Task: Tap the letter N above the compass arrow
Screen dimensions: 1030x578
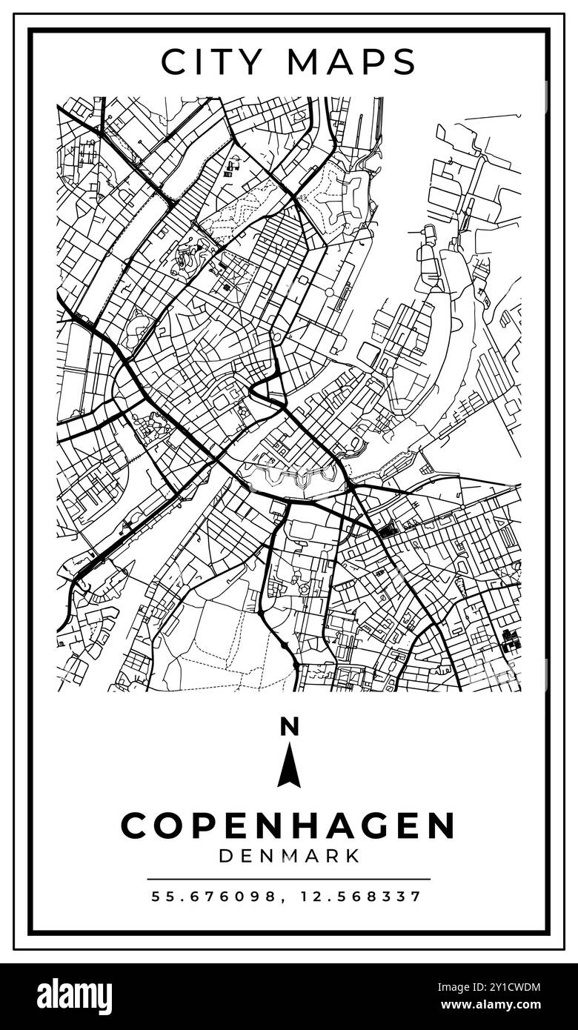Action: tap(289, 727)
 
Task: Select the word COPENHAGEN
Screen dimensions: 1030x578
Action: tap(288, 825)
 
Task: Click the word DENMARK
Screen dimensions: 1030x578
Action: tap(289, 856)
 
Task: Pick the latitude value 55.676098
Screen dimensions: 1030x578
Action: tap(215, 897)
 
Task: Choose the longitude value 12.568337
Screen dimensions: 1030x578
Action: tap(361, 897)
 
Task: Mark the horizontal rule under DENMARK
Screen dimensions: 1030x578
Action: tap(288, 880)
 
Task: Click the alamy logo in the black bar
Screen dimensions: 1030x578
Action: tap(74, 997)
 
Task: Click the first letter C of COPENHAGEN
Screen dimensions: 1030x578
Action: tap(135, 825)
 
